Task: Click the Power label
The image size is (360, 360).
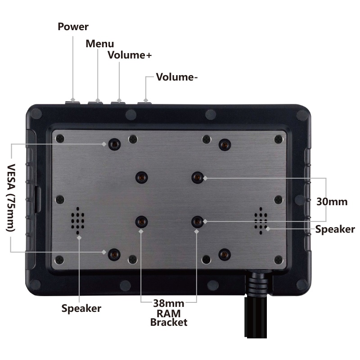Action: point(73,27)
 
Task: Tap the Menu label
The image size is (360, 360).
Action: point(99,44)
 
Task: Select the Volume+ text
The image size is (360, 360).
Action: point(130,55)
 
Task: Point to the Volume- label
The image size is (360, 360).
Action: point(176,77)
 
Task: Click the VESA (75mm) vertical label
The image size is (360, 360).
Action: point(11,198)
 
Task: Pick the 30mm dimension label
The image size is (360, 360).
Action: point(332,202)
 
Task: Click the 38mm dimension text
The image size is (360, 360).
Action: point(168,303)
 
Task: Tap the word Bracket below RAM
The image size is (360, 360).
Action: point(169,322)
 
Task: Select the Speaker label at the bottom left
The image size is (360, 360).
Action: point(81,308)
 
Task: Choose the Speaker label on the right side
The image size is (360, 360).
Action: point(335,229)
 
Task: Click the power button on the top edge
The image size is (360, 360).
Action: point(72,103)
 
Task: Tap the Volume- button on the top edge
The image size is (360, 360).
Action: point(144,103)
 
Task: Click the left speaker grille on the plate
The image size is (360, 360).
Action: point(77,220)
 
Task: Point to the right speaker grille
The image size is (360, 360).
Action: point(261,220)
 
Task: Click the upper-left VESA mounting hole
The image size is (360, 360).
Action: point(114,144)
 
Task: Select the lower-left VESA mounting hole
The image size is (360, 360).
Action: point(114,254)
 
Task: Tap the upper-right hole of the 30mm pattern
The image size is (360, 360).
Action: point(198,177)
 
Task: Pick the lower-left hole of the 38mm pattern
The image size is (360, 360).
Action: point(141,222)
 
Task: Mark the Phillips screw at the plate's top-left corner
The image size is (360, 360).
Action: point(60,139)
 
